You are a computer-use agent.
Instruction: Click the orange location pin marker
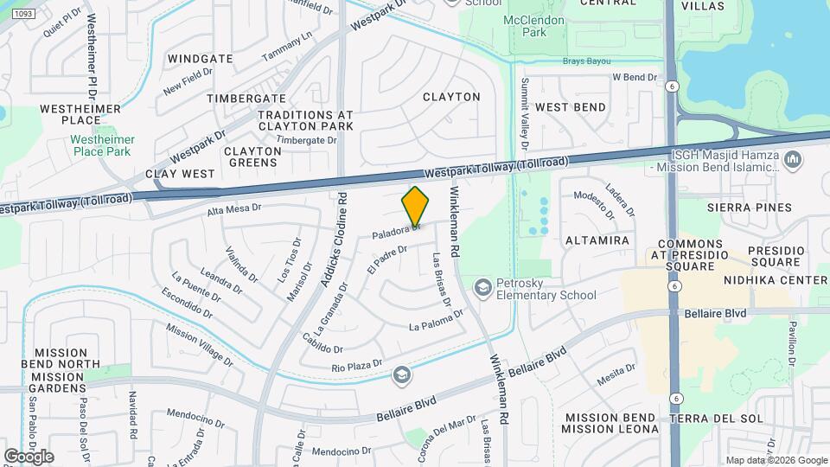[x=416, y=207]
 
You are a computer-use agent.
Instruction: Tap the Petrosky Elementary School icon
[x=483, y=287]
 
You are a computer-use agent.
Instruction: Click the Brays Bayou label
[x=587, y=61]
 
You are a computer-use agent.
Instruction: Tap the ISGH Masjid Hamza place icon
[x=794, y=159]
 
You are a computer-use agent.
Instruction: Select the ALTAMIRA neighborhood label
[x=597, y=240]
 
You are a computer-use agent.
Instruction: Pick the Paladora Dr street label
[x=396, y=233]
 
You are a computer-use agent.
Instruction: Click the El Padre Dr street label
[x=386, y=258]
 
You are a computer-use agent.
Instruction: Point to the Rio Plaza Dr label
[x=357, y=368]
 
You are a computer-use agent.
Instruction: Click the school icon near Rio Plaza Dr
[x=401, y=374]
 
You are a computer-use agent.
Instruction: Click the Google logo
[x=29, y=456]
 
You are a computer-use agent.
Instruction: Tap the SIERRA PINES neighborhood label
[x=749, y=208]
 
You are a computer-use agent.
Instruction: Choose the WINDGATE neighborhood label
[x=201, y=59]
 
